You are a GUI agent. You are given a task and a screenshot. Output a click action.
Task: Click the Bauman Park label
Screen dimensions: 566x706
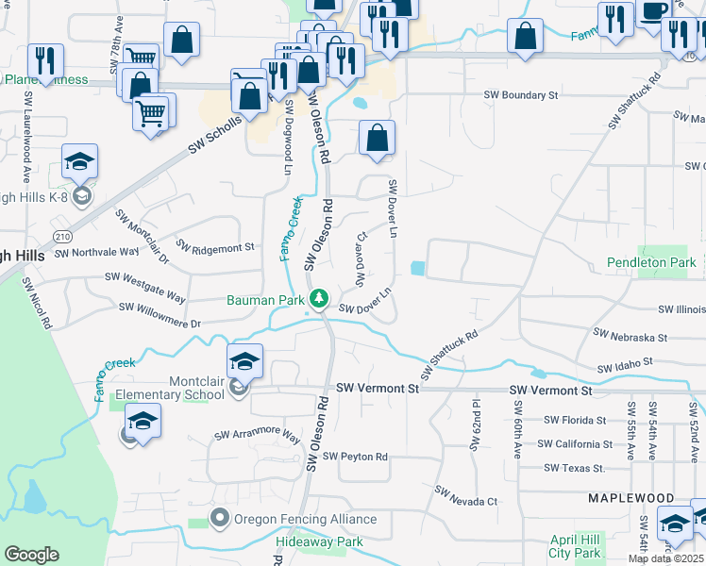tap(264, 301)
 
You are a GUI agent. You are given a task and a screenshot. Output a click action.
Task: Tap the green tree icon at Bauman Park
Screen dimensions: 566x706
tap(319, 300)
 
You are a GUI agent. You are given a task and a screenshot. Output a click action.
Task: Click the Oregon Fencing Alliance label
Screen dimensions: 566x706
tap(304, 519)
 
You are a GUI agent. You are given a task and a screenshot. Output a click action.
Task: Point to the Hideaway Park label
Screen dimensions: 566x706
tap(319, 542)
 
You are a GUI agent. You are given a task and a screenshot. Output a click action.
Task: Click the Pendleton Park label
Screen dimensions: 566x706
tap(651, 262)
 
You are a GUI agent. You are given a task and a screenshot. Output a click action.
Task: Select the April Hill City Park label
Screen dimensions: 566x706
tap(575, 546)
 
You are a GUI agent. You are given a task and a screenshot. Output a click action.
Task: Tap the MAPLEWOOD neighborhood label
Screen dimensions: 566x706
tap(631, 497)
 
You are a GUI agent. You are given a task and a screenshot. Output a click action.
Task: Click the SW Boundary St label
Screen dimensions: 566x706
tap(521, 95)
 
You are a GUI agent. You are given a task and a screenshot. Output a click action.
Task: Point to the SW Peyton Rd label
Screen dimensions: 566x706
tap(356, 457)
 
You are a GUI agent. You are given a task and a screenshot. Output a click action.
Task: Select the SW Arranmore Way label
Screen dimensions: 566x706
tap(257, 437)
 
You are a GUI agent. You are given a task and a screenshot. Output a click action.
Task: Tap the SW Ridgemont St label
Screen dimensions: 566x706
tap(215, 247)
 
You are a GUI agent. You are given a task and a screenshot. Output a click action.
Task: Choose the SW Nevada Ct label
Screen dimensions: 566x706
tap(465, 496)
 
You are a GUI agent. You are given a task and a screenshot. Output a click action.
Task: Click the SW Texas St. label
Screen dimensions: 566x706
tap(574, 468)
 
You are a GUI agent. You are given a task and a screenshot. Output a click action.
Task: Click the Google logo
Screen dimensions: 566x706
tap(31, 555)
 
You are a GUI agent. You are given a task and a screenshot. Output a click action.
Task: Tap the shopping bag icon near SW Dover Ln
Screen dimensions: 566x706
tap(377, 139)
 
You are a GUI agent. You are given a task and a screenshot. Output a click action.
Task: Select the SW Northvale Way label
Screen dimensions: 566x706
tap(97, 252)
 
